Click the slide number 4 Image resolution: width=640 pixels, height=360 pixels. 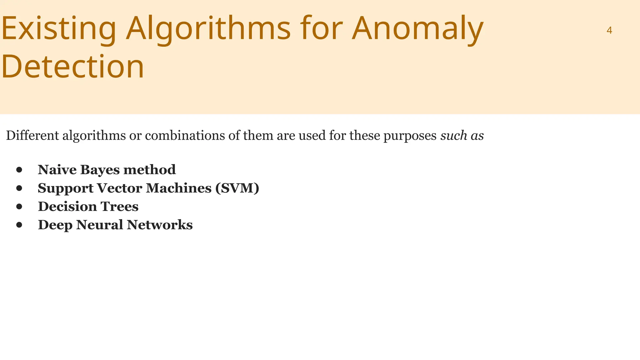609,30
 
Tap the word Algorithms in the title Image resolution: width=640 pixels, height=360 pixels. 208,29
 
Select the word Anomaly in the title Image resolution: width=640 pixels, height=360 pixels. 417,29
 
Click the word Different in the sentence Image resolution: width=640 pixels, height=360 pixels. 32,136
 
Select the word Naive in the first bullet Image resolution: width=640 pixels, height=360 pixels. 57,170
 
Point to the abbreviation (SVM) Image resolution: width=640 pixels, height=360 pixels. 237,188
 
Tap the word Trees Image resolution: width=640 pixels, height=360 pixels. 120,207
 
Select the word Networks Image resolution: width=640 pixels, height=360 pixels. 160,225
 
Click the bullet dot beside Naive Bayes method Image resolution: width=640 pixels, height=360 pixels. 19,170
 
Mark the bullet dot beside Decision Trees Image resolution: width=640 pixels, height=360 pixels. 19,207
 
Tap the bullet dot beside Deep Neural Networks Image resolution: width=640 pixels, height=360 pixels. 19,225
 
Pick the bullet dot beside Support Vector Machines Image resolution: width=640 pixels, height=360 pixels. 19,188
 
